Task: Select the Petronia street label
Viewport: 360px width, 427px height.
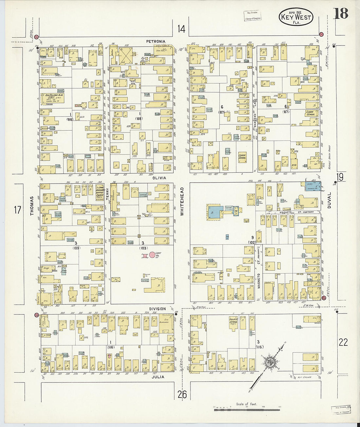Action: click(156, 42)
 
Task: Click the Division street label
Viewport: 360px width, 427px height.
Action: click(158, 309)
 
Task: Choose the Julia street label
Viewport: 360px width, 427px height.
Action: click(158, 377)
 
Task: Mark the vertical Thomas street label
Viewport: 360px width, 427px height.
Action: click(32, 206)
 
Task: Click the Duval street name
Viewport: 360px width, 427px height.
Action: click(330, 201)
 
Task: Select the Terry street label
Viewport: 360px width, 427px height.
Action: click(107, 192)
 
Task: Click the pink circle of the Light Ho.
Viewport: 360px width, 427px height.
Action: click(153, 255)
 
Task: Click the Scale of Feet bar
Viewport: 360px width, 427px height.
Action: click(247, 409)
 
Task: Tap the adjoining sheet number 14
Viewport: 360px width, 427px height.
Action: click(181, 29)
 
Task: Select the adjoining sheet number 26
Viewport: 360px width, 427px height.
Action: click(182, 395)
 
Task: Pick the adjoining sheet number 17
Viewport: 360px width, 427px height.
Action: click(18, 210)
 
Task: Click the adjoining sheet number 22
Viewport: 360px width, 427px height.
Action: click(343, 342)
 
